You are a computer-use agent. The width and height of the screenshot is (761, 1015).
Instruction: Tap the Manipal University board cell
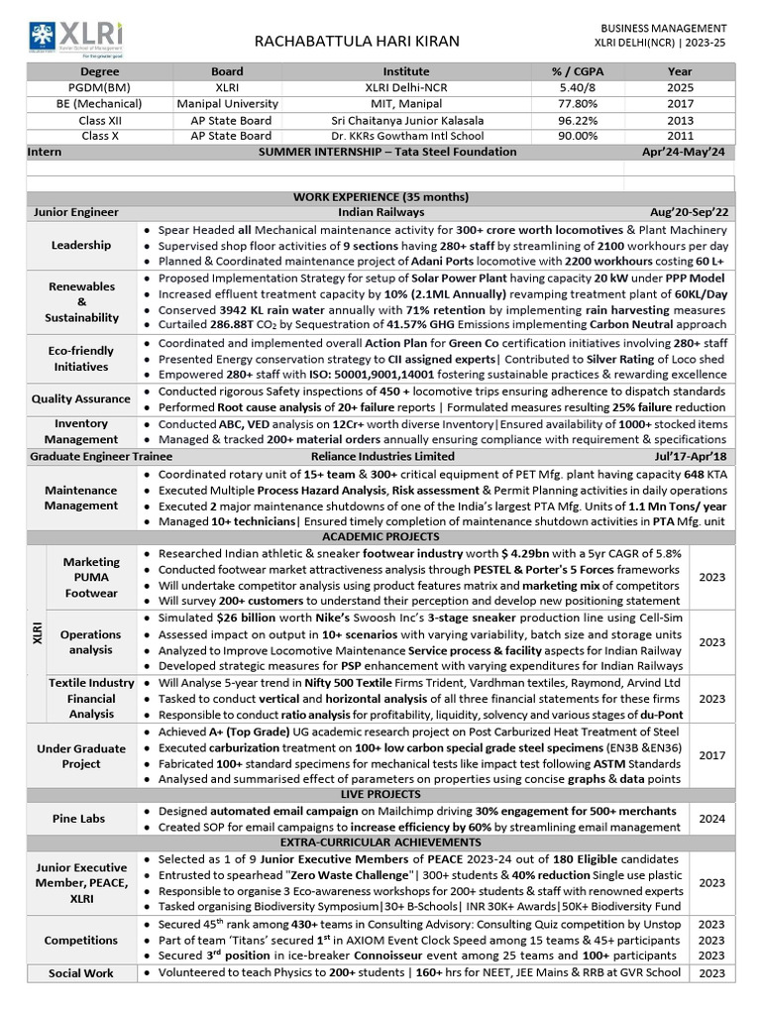[x=227, y=103]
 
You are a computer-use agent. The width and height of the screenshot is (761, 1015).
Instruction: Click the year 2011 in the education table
[x=680, y=136]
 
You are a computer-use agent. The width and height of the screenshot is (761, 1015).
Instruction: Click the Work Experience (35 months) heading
[x=380, y=196]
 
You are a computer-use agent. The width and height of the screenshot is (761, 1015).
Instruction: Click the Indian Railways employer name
[x=380, y=212]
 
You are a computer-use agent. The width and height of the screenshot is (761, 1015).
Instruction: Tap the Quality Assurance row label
[x=81, y=398]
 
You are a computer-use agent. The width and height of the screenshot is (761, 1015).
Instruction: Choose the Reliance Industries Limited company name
[x=380, y=456]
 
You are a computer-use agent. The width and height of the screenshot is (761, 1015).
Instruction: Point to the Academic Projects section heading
[x=380, y=536]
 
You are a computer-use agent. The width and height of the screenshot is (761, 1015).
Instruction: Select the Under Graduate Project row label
[x=81, y=756]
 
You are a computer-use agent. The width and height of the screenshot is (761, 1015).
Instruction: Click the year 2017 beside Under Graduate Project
[x=711, y=755]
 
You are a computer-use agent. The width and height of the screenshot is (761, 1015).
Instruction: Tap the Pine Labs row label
[x=81, y=819]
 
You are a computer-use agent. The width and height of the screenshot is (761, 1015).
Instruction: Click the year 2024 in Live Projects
[x=711, y=819]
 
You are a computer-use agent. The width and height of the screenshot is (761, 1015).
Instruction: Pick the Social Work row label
[x=81, y=973]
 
